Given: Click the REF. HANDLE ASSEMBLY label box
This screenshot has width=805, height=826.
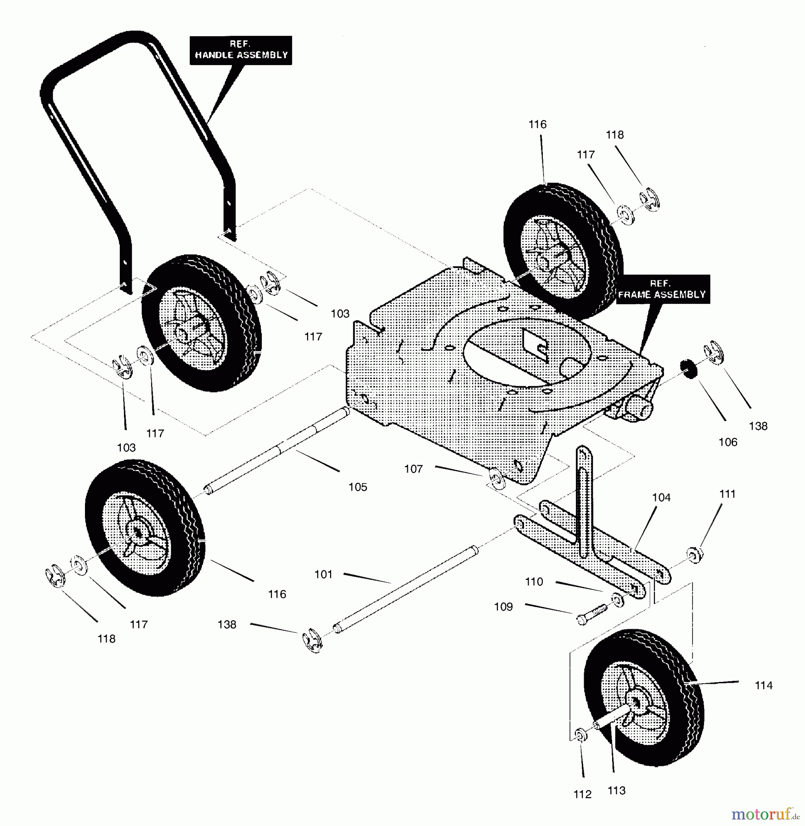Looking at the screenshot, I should (x=241, y=50).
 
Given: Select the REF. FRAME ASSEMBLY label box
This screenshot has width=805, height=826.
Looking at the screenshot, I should (x=661, y=290).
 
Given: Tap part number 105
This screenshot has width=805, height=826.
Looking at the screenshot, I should (x=358, y=487).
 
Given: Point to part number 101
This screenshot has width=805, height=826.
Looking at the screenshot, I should (x=323, y=575).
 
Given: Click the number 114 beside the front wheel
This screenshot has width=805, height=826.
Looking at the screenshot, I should (x=764, y=686).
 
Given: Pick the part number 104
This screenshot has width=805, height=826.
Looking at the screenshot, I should (x=661, y=497).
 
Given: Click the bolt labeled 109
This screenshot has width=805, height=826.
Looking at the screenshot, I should (x=591, y=614).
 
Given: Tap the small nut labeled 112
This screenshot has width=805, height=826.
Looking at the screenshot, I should (x=580, y=735).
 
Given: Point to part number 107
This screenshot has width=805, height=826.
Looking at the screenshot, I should (x=413, y=469).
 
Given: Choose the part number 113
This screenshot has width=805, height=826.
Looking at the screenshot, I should (x=616, y=791).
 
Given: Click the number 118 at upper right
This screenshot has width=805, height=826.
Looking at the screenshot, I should (x=614, y=135).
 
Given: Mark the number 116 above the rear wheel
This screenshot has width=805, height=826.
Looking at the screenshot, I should (x=537, y=124).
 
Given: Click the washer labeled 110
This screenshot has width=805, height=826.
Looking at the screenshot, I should (x=618, y=600).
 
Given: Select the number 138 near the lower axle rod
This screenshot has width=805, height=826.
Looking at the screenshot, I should (x=227, y=625).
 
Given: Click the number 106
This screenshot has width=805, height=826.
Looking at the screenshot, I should (x=728, y=442).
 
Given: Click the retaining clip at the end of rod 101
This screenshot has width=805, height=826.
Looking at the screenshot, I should (x=313, y=642).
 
